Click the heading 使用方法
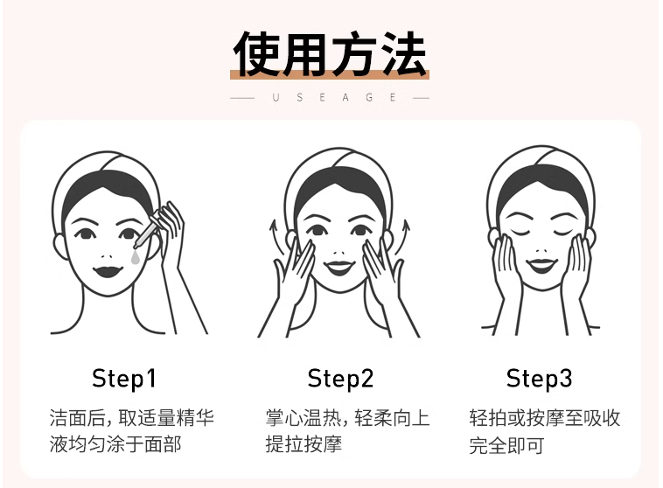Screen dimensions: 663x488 coord(330,53)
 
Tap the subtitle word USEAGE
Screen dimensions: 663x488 coord(334,98)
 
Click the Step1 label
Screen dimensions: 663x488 coord(124,379)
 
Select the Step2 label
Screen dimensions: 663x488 coord(340,379)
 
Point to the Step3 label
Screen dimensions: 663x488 coord(539,379)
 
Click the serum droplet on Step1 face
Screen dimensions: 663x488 coord(136,257)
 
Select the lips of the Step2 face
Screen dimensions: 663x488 coord(339,268)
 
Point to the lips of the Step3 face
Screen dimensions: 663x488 coord(541,266)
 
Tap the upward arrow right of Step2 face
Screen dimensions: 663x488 coord(403,237)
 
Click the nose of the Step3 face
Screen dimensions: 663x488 coord(541,250)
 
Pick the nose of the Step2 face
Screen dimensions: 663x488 coord(339,253)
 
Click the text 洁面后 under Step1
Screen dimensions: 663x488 coord(77,418)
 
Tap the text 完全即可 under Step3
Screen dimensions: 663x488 coord(506,445)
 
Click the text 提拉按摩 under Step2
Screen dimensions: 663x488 coord(304,444)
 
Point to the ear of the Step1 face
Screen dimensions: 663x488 coord(59,246)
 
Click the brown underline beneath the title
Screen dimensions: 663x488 coord(330,75)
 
